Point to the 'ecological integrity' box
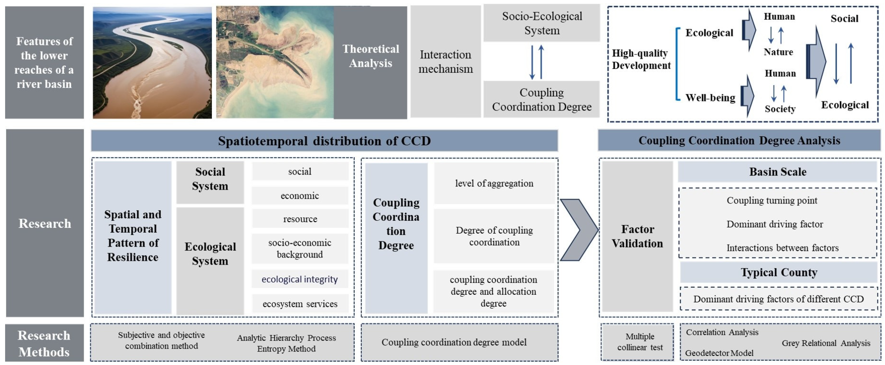[300, 279]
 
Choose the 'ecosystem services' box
[300, 304]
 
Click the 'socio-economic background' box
[300, 249]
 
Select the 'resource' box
[300, 219]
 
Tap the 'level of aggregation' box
[494, 183]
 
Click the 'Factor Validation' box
[637, 236]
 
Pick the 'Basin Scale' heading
[777, 171]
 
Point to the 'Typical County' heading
[778, 272]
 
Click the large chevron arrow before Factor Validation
[579, 230]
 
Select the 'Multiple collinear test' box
[640, 342]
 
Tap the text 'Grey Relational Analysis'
[825, 343]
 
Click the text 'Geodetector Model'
[719, 353]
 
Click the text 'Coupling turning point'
[772, 200]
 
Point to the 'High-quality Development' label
[641, 59]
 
